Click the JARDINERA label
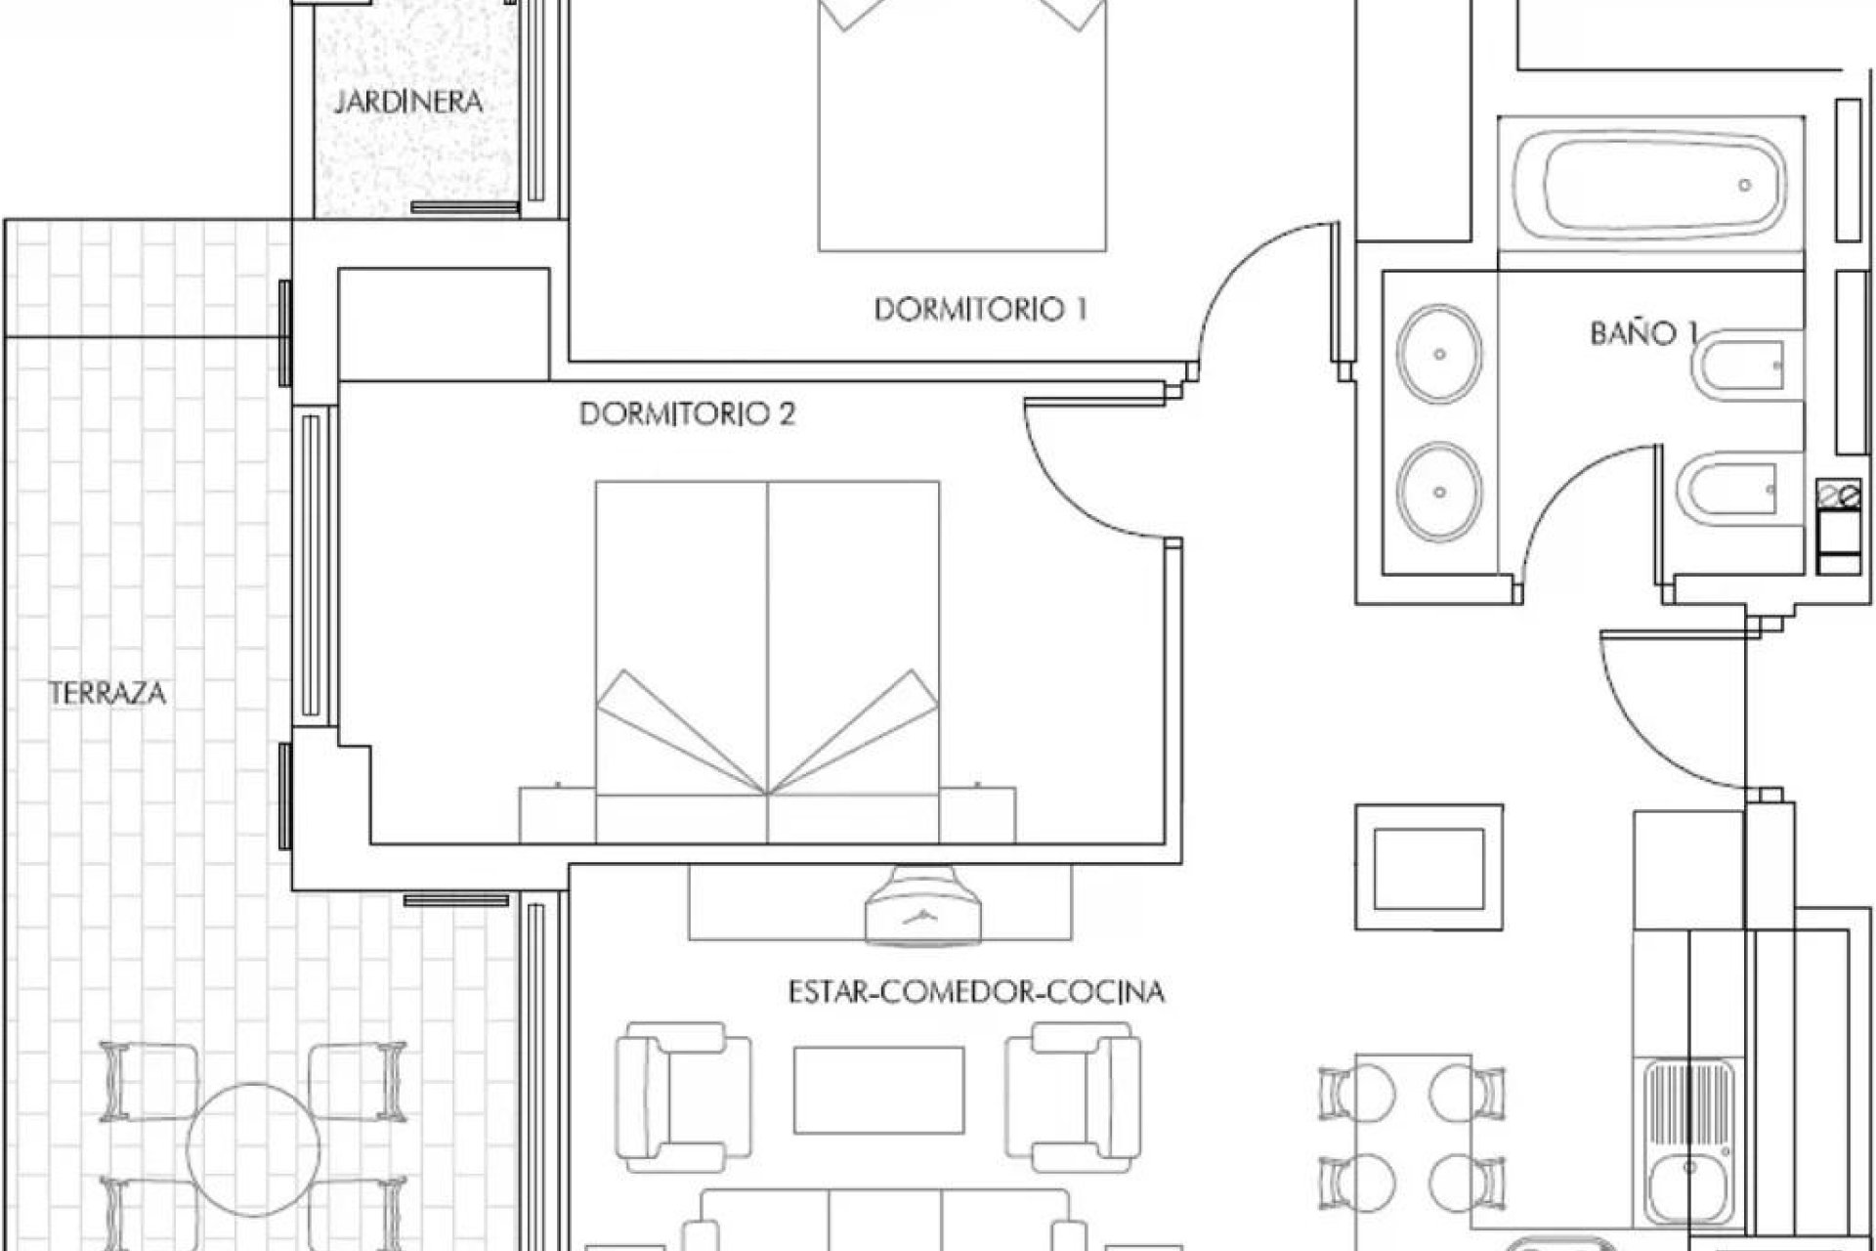[x=408, y=102]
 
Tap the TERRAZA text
[x=107, y=694]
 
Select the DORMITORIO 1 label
[x=980, y=310]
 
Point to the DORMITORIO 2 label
[x=687, y=414]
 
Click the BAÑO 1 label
[x=1641, y=334]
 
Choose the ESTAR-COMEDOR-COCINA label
[x=976, y=993]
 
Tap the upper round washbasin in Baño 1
[x=1438, y=354]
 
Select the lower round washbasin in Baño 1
[x=1438, y=491]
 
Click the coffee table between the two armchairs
[x=878, y=1090]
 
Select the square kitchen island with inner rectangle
[x=1428, y=867]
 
